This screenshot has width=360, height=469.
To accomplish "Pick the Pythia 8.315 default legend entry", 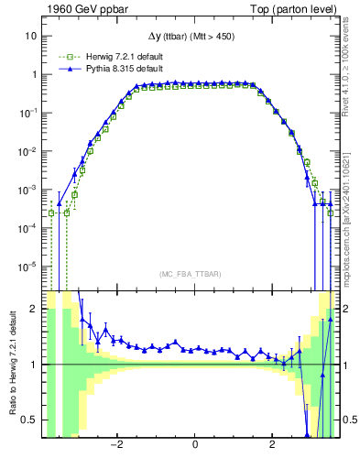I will coord(109,69).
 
